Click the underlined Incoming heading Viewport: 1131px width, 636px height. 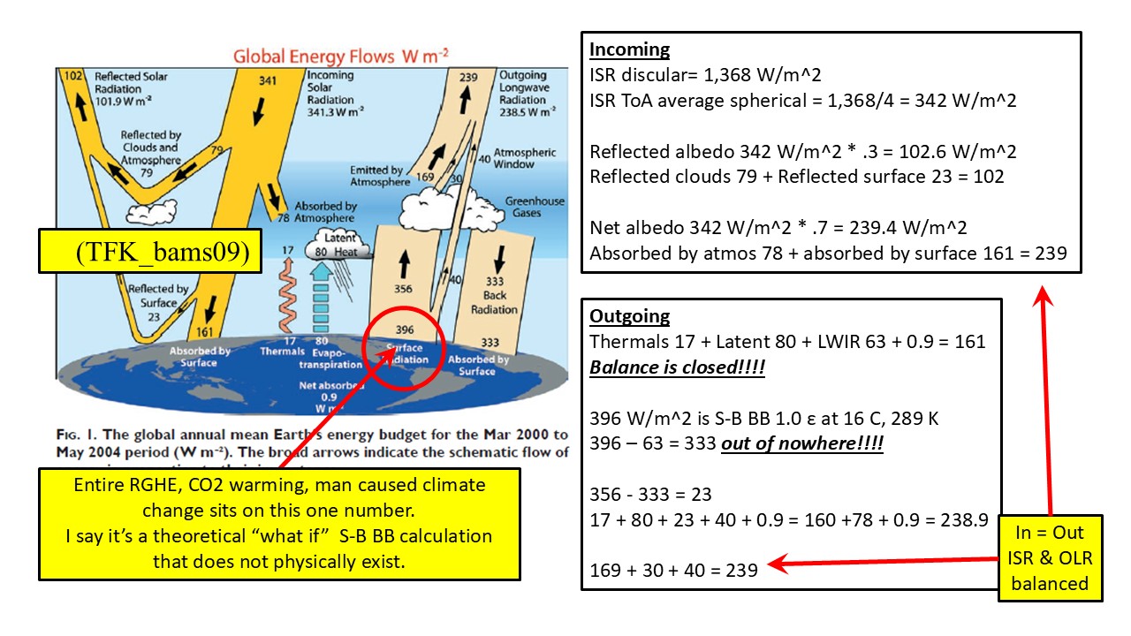click(x=629, y=49)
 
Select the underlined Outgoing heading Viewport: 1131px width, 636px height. click(x=629, y=316)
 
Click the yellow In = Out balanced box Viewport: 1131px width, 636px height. click(x=1051, y=558)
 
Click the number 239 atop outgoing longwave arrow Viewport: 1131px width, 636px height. click(x=468, y=78)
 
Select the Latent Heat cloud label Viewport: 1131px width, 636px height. click(x=340, y=245)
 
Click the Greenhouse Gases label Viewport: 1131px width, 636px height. click(x=535, y=208)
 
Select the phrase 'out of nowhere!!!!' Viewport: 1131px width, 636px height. click(x=802, y=443)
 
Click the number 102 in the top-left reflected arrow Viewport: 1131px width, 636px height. click(x=72, y=76)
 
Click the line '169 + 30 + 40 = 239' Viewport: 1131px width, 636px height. click(x=674, y=570)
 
